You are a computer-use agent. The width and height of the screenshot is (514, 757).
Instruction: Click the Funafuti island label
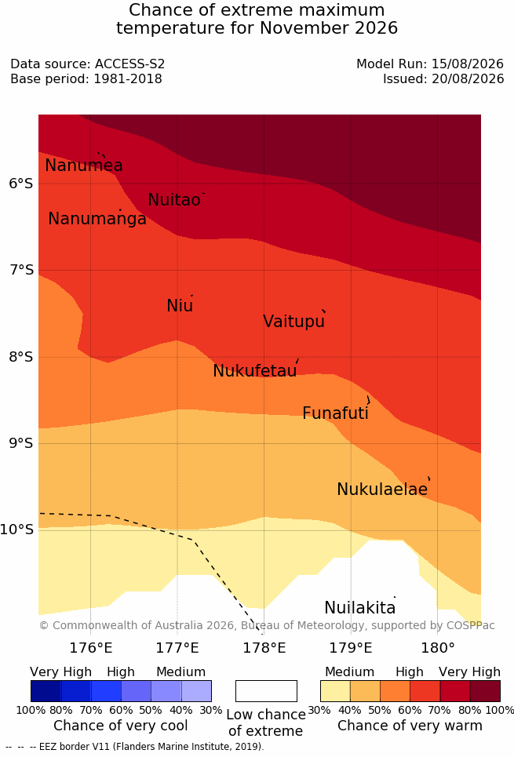pos(335,413)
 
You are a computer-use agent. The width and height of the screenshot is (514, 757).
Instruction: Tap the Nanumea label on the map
pos(83,165)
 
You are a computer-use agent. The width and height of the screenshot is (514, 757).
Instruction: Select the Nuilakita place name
pos(360,607)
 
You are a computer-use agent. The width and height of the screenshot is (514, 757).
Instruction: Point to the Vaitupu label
pos(293,322)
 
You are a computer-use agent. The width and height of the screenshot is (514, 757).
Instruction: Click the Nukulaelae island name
pos(382,489)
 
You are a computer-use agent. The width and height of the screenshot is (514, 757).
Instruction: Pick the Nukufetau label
pos(254,371)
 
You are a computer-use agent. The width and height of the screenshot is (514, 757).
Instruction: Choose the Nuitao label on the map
pos(174,199)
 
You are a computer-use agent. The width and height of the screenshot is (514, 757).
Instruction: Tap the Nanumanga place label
pos(97,219)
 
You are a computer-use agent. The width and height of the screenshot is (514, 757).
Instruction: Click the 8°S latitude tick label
pos(21,357)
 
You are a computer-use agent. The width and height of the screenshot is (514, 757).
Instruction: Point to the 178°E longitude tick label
pos(264,647)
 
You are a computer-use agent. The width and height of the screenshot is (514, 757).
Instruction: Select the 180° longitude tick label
pos(438,647)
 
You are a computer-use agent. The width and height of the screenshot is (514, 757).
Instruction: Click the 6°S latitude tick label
pos(21,184)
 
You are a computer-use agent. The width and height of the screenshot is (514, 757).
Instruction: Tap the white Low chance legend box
pos(266,691)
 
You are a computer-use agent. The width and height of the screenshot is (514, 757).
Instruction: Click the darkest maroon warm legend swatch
pos(485,691)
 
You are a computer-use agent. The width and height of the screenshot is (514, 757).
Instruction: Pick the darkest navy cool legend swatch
pos(46,691)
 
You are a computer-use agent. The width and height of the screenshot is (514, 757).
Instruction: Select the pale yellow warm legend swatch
pos(335,691)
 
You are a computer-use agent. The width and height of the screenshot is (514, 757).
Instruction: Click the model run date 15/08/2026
pos(468,64)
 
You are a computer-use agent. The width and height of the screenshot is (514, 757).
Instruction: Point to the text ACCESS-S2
pos(130,64)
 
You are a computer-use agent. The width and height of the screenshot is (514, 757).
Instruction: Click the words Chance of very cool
pos(121,726)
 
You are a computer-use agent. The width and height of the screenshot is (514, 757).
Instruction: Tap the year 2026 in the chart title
pos(377,27)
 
